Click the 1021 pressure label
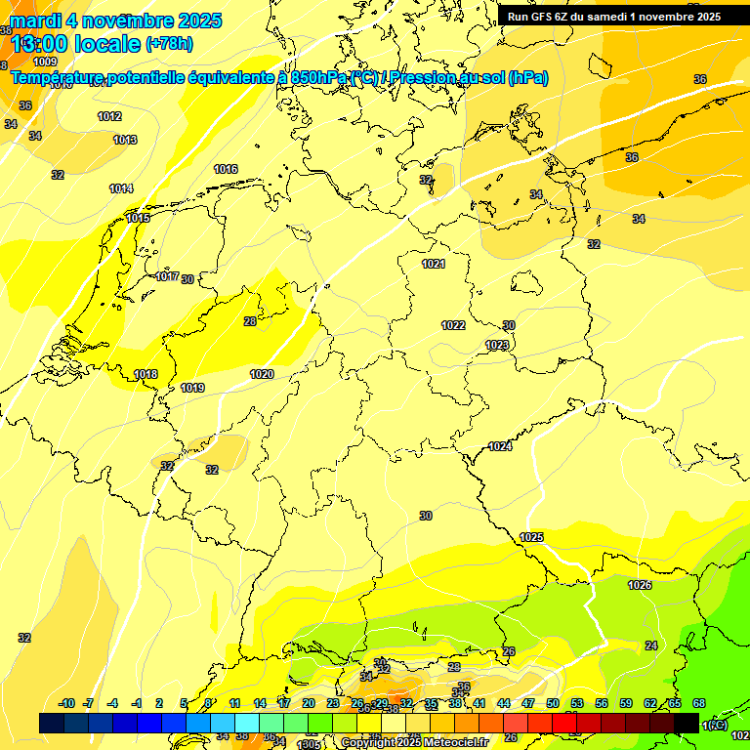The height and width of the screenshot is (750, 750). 434,264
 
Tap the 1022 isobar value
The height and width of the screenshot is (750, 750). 453,325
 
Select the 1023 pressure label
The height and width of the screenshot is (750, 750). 497,345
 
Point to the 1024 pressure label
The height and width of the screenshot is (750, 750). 500,446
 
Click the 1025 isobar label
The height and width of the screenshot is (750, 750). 531,537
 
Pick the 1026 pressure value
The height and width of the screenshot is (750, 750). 640,585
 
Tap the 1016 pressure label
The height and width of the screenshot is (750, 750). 226,169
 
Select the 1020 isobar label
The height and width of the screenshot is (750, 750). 262,374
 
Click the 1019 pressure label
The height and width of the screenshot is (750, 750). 192,388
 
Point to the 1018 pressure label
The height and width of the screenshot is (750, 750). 146,374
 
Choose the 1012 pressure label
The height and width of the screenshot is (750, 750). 109,116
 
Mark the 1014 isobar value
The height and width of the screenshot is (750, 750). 121,188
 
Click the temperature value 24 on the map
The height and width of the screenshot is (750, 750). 651,646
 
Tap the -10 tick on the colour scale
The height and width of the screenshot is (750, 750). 67,703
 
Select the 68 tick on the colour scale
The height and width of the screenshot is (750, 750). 699,703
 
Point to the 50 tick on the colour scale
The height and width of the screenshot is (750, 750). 553,703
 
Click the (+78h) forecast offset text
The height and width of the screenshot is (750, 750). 169,43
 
